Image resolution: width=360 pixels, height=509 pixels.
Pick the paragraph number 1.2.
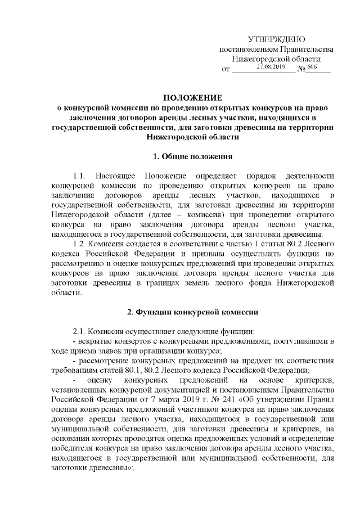[x=82, y=244]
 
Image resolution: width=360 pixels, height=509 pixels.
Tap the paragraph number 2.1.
[x=82, y=331]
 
